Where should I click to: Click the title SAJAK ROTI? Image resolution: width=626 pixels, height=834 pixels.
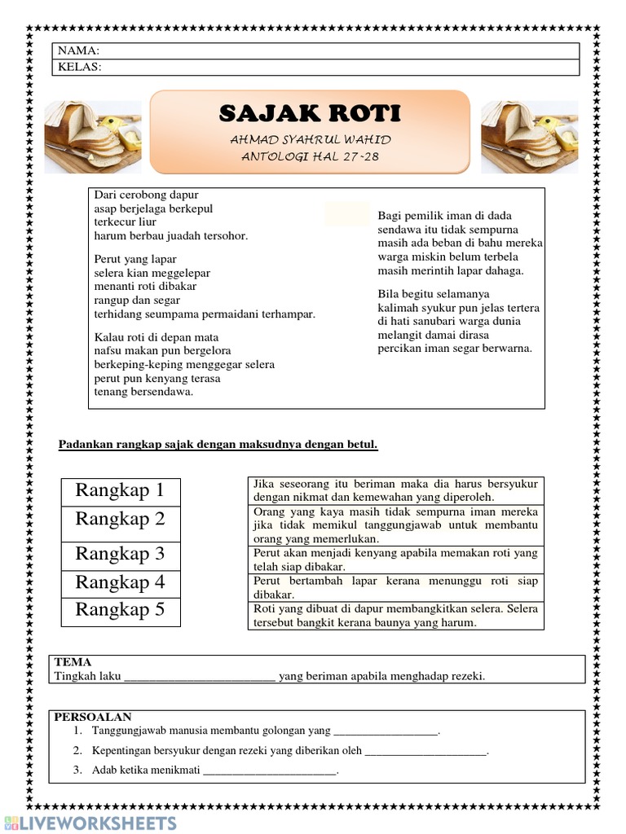pyautogui.click(x=310, y=113)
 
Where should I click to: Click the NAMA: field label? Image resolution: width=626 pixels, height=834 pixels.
pyautogui.click(x=77, y=50)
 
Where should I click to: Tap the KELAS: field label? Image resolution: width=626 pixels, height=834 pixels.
pyautogui.click(x=79, y=67)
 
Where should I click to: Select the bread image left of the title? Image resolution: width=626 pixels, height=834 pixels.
pyautogui.click(x=92, y=137)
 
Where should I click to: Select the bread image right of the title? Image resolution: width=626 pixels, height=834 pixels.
pyautogui.click(x=530, y=137)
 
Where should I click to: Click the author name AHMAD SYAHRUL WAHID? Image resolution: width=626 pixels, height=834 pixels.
pyautogui.click(x=310, y=139)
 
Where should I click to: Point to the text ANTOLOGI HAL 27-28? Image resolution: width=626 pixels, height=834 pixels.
pyautogui.click(x=310, y=156)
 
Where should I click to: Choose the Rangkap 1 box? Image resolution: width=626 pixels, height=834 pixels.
pyautogui.click(x=121, y=490)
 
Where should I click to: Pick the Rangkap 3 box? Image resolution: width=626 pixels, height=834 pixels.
pyautogui.click(x=121, y=554)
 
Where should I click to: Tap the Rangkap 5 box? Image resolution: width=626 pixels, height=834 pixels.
pyautogui.click(x=121, y=610)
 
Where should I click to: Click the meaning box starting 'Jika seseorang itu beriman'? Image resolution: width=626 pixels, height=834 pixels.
pyautogui.click(x=395, y=490)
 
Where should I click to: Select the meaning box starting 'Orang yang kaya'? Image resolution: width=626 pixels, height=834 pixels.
pyautogui.click(x=395, y=525)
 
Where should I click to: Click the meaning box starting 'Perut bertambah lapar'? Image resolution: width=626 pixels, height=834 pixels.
pyautogui.click(x=395, y=588)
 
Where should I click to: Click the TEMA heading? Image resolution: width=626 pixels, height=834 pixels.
pyautogui.click(x=73, y=662)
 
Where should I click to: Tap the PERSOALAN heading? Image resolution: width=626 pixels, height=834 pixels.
pyautogui.click(x=93, y=717)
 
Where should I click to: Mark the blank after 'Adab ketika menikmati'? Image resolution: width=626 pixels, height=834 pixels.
pyautogui.click(x=269, y=770)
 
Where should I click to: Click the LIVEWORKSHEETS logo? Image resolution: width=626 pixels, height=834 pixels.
pyautogui.click(x=90, y=822)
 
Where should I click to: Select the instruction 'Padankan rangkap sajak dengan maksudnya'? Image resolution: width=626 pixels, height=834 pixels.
pyautogui.click(x=218, y=445)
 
